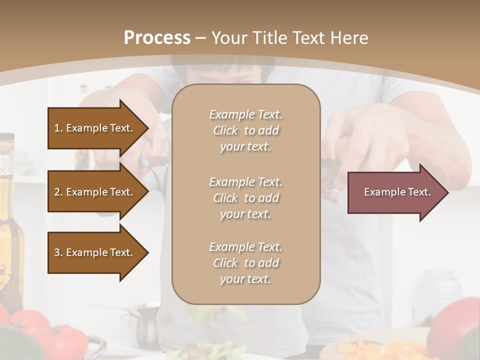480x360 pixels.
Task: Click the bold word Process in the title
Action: click(157, 38)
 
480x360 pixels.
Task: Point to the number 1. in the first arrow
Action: click(58, 128)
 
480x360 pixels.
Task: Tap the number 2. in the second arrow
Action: click(58, 192)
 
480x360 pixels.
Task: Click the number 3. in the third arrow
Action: click(58, 252)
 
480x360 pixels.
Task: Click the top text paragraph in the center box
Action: click(245, 130)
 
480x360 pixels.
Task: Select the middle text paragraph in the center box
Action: click(245, 198)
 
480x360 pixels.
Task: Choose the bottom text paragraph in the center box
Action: click(245, 263)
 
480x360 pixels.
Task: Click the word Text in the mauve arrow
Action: click(419, 192)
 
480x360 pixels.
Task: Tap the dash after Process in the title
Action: click(201, 38)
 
